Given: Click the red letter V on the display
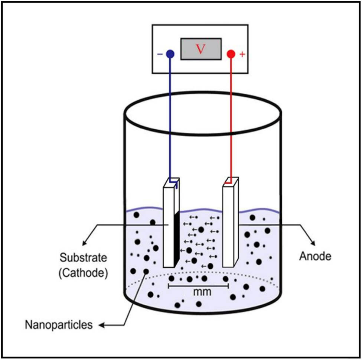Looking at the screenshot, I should [200, 49].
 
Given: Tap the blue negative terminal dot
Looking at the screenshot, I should [170, 54].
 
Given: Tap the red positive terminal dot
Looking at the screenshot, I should [231, 54].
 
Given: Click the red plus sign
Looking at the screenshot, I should [242, 55].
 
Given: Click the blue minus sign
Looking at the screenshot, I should [160, 54].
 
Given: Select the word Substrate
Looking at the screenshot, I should [83, 257].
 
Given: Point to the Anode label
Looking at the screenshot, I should [315, 256].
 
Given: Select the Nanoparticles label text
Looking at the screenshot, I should [59, 325].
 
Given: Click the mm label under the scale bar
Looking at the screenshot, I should [202, 292].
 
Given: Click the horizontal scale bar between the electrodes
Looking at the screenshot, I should [198, 286].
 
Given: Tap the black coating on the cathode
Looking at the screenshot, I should [177, 238].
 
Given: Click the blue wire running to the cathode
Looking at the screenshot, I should [170, 119].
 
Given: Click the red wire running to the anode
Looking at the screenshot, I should [231, 119].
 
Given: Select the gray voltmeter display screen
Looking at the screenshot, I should [201, 49].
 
